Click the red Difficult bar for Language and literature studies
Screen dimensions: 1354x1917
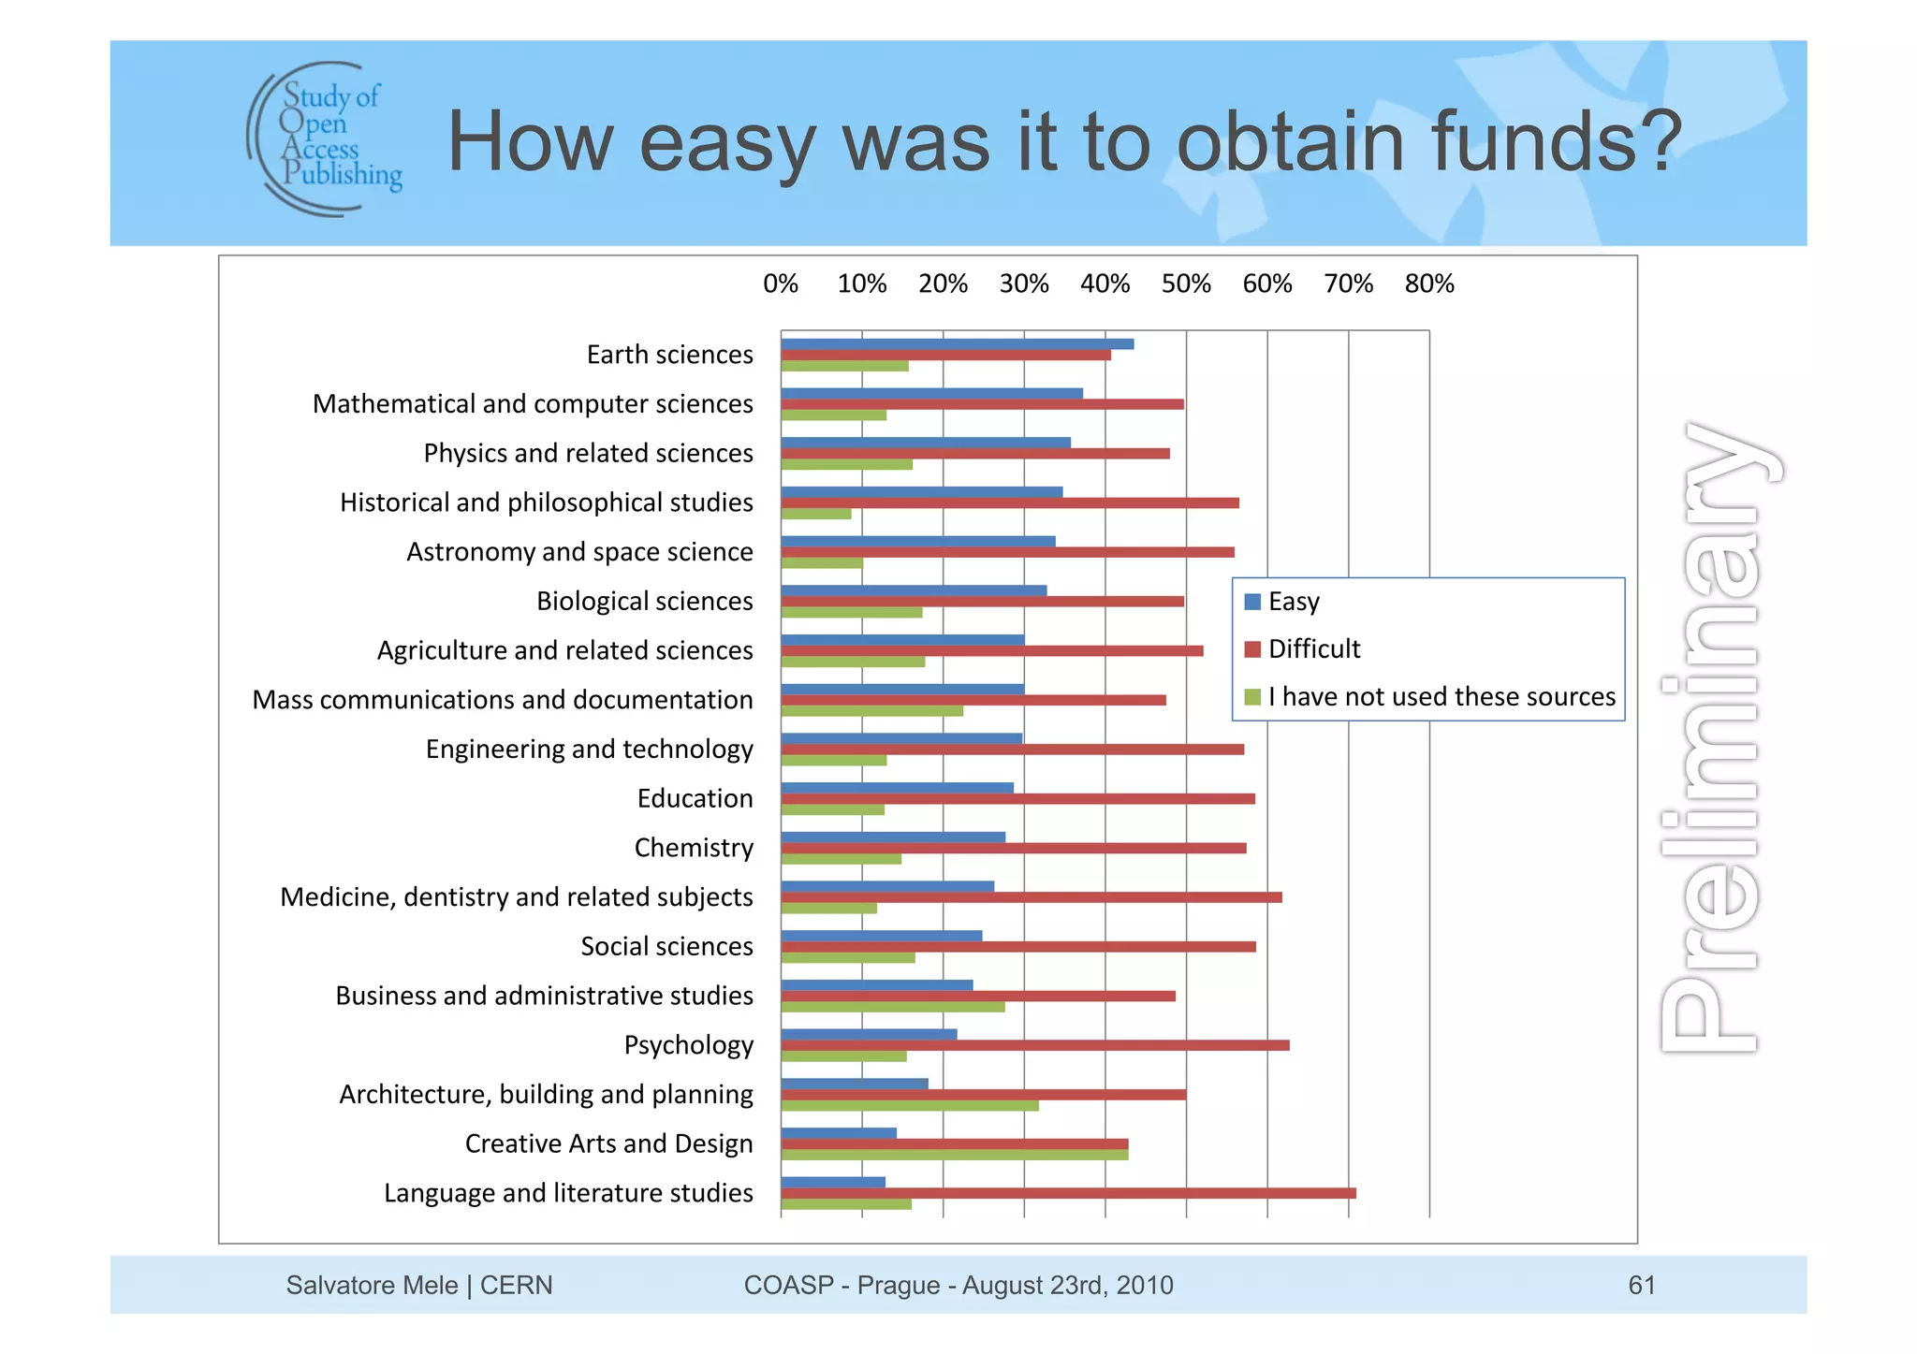click(x=1067, y=1193)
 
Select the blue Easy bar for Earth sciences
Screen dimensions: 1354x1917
click(x=957, y=343)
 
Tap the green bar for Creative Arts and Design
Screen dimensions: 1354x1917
click(x=954, y=1155)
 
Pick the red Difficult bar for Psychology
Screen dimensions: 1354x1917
click(x=1034, y=1045)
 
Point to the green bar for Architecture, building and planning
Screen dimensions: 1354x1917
click(x=909, y=1106)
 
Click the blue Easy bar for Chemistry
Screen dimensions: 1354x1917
click(x=893, y=837)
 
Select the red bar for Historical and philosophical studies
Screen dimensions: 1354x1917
click(x=1009, y=503)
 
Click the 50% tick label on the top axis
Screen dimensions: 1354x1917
click(x=1186, y=284)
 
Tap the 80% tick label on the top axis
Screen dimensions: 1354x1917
click(x=1429, y=284)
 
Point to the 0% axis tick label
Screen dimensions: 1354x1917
click(x=781, y=284)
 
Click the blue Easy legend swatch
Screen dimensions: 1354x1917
click(x=1252, y=602)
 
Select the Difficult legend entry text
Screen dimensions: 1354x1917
click(x=1314, y=649)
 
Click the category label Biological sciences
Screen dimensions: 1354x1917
click(x=644, y=601)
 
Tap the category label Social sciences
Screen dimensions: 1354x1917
click(x=666, y=946)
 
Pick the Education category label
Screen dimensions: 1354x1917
click(x=695, y=798)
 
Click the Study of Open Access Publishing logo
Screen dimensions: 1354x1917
click(x=325, y=138)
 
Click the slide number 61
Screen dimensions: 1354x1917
click(x=1642, y=1285)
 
